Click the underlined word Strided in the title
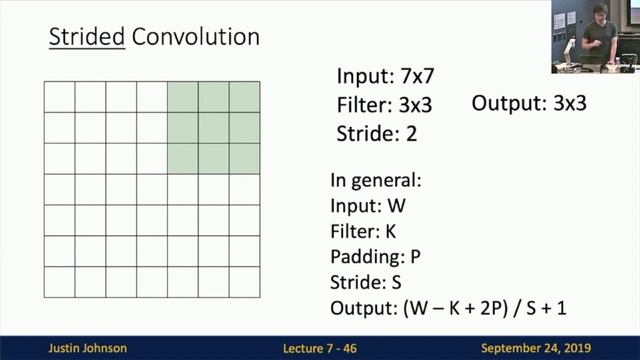point(80,39)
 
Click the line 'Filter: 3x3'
point(384,103)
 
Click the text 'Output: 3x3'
point(529,103)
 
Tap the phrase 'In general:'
point(373,182)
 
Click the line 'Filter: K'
point(363,231)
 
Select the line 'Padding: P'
point(376,255)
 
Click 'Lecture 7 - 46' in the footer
point(319,349)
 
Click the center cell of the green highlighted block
point(214,128)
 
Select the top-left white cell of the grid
point(60,97)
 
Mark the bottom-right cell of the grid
point(245,282)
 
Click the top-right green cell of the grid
point(245,97)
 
